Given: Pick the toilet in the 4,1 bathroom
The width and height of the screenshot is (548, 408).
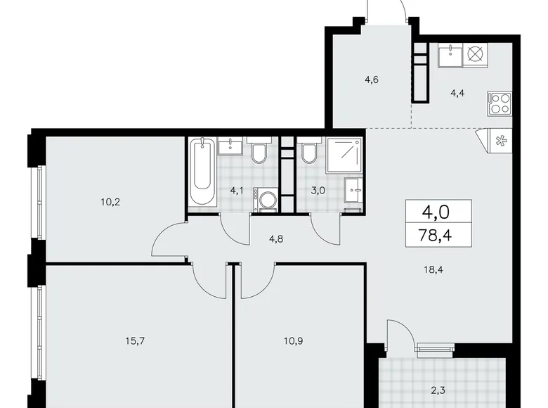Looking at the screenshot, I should pos(258,151).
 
